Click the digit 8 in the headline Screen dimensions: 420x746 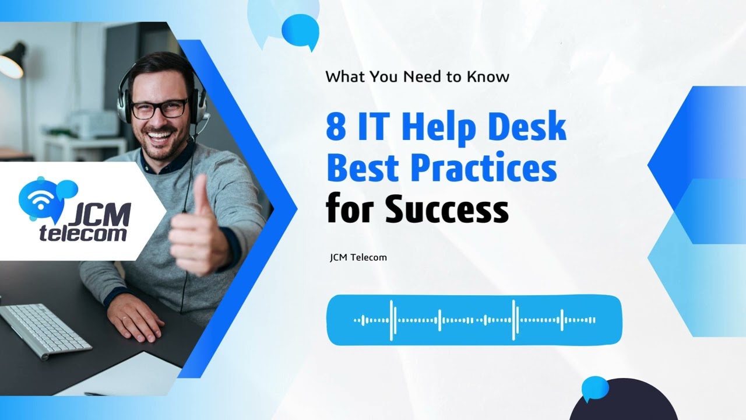(x=336, y=127)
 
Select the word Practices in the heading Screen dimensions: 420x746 (x=484, y=168)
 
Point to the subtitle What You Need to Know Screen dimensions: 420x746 (x=417, y=76)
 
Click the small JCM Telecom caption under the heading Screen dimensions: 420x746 (x=358, y=257)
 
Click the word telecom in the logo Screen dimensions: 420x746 (x=83, y=234)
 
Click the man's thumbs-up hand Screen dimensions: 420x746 (x=195, y=230)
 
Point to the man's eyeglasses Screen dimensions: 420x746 (x=159, y=108)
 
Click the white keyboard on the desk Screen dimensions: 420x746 (x=44, y=330)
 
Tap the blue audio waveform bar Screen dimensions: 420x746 (x=474, y=320)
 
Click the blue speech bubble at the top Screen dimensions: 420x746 (x=301, y=31)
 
